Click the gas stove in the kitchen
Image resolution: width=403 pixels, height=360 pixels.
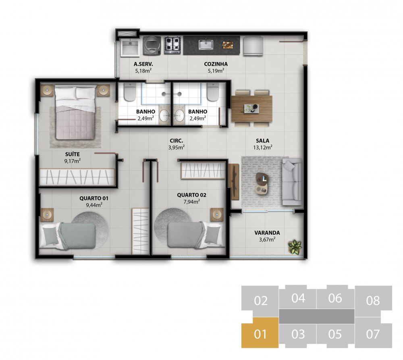coord(172,45)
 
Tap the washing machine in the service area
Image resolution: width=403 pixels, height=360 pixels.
coord(152,46)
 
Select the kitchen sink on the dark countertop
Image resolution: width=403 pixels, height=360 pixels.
coord(206,45)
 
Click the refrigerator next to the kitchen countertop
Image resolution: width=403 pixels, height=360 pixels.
coord(253,46)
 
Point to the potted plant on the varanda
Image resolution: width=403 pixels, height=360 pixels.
coord(295,247)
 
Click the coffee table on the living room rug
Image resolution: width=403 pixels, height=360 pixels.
coord(262,183)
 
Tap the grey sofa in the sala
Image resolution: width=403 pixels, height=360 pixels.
coord(292,181)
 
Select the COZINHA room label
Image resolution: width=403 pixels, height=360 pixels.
coord(216,64)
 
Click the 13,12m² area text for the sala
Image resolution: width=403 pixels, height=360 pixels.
coord(262,147)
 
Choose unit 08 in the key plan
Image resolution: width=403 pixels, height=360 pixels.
coord(373,300)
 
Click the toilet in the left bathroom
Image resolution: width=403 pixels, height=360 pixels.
coord(129,92)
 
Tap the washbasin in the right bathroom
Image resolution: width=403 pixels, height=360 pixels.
coord(179,115)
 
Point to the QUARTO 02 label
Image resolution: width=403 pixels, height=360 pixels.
coord(191,195)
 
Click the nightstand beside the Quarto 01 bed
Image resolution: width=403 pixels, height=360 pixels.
coord(47,214)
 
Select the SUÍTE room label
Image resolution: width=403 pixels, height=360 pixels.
coord(73,154)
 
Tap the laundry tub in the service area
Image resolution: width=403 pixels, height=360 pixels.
coord(130,47)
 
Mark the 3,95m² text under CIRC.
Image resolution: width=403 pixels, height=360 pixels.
coord(177,147)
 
